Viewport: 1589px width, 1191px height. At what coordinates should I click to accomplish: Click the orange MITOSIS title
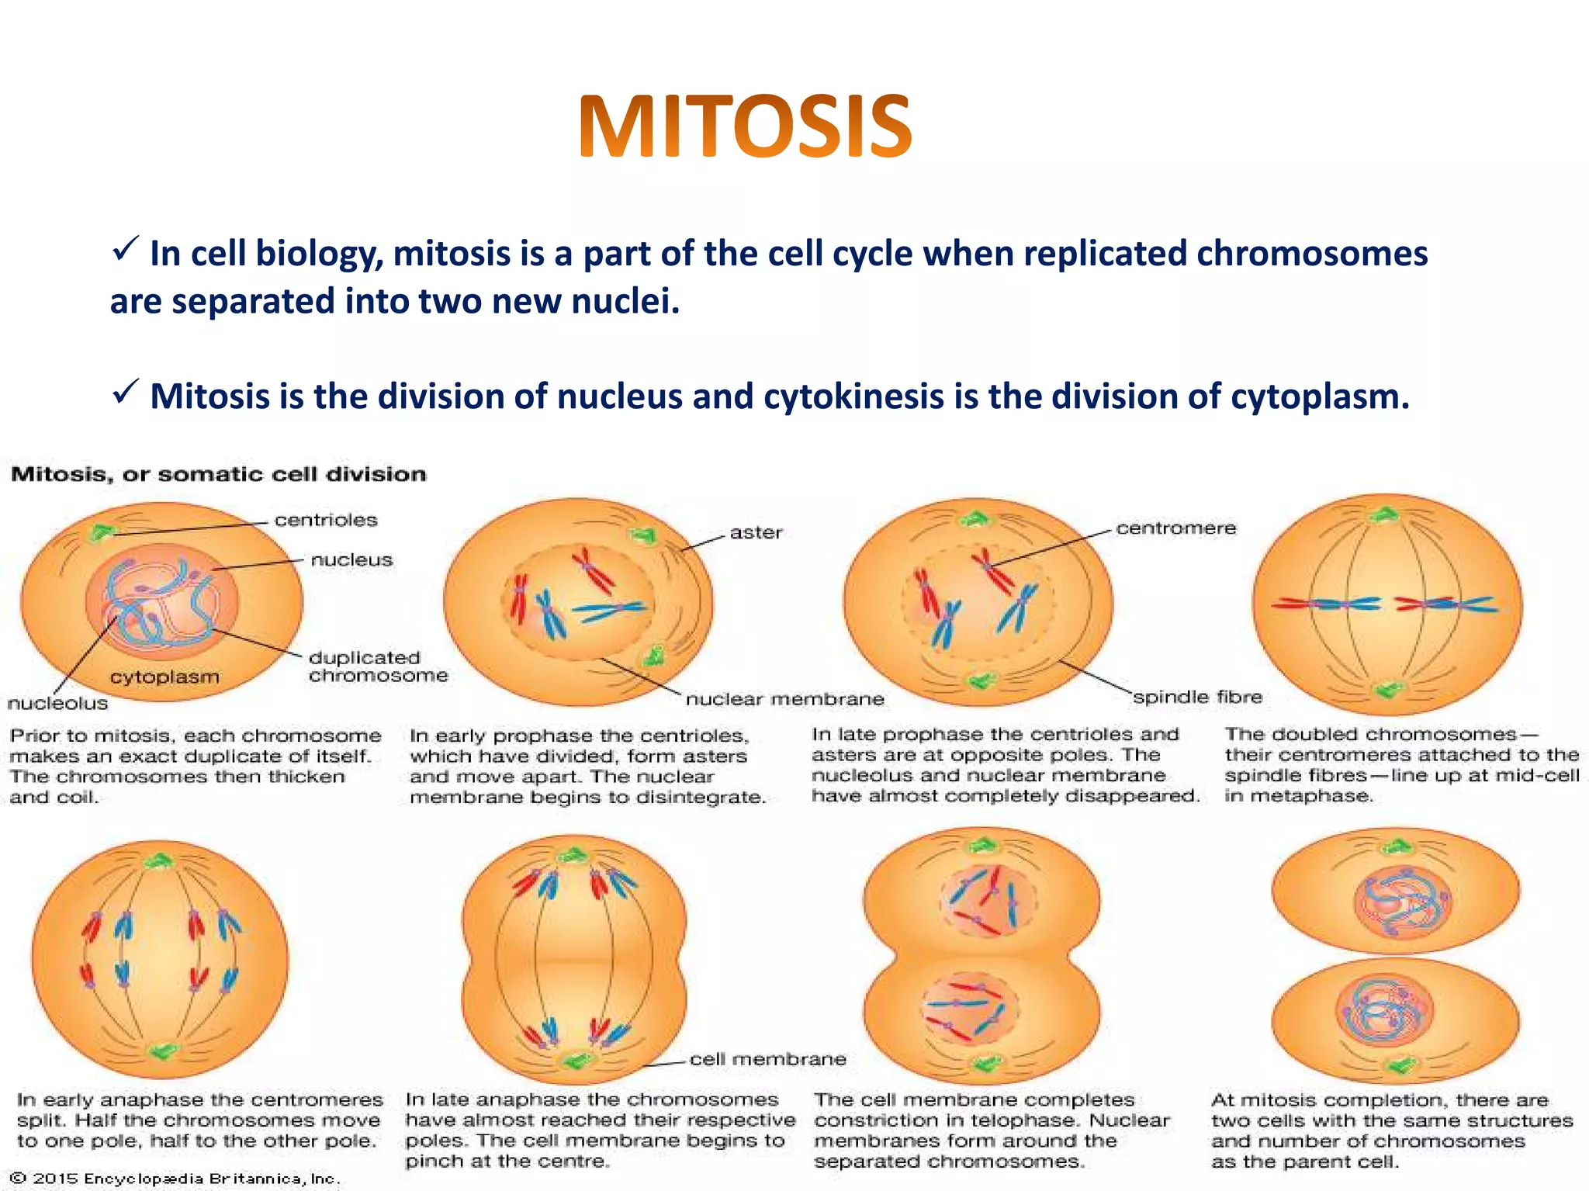pos(745,126)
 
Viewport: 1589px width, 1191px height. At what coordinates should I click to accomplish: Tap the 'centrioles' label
pos(326,520)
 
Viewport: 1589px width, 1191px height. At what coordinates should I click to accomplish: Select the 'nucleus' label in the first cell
pos(351,560)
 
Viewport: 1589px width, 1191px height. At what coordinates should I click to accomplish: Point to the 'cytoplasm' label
pos(164,677)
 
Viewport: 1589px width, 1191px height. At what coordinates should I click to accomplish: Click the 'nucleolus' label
pos(57,704)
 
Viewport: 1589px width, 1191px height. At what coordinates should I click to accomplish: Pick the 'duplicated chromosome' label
pos(378,666)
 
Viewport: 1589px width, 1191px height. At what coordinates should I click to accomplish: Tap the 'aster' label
pos(756,533)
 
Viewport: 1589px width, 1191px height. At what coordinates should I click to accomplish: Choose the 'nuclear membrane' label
pos(784,699)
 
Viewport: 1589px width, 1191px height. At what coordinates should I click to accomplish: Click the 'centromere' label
pos(1175,528)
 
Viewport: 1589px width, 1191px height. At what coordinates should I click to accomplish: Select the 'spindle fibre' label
pos(1197,697)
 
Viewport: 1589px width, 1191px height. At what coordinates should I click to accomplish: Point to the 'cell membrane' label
pos(767,1059)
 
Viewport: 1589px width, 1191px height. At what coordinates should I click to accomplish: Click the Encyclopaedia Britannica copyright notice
pos(175,1179)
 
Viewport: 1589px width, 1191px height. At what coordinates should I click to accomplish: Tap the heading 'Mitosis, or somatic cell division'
pos(218,474)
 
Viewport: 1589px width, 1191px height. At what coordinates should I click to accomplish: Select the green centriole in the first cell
pos(100,532)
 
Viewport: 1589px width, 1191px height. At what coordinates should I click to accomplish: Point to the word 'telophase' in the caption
pos(1026,1120)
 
